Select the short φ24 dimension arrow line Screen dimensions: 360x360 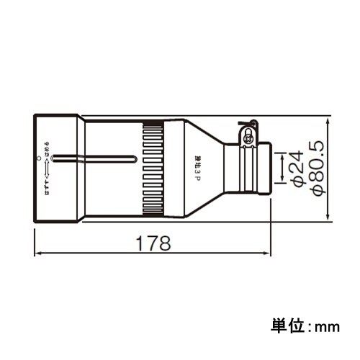point(281,167)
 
